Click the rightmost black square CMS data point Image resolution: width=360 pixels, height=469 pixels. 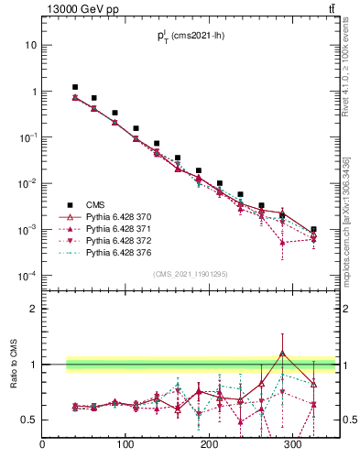click(313, 230)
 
